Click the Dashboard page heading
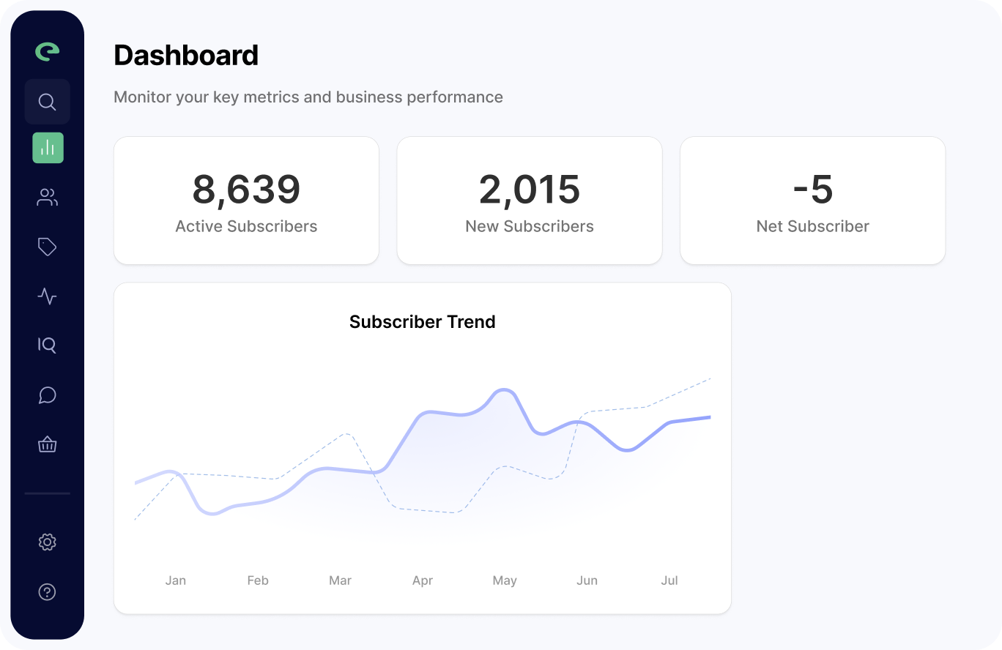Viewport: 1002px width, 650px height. [186, 56]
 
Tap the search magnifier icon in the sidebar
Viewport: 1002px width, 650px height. [47, 102]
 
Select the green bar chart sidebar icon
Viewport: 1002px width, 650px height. [48, 148]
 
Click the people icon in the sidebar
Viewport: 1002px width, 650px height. [47, 197]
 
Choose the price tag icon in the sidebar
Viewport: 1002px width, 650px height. [47, 247]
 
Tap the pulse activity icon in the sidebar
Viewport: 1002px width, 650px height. [47, 296]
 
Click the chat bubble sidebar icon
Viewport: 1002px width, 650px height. [47, 395]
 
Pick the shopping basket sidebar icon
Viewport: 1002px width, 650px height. [47, 444]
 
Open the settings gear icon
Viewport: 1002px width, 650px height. [47, 542]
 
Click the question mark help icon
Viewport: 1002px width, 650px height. [47, 591]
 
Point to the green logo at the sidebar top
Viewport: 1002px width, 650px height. [48, 51]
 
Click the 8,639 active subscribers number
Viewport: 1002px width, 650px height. [246, 190]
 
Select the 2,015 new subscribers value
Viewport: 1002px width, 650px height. [530, 190]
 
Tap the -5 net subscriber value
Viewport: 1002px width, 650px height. [813, 190]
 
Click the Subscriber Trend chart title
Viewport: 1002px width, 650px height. [423, 322]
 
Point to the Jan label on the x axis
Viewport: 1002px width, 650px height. [176, 580]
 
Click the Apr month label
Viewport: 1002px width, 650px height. [423, 580]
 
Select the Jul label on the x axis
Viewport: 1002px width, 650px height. [669, 580]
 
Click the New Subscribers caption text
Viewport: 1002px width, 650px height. [530, 227]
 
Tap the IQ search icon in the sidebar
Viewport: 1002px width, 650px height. [47, 345]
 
